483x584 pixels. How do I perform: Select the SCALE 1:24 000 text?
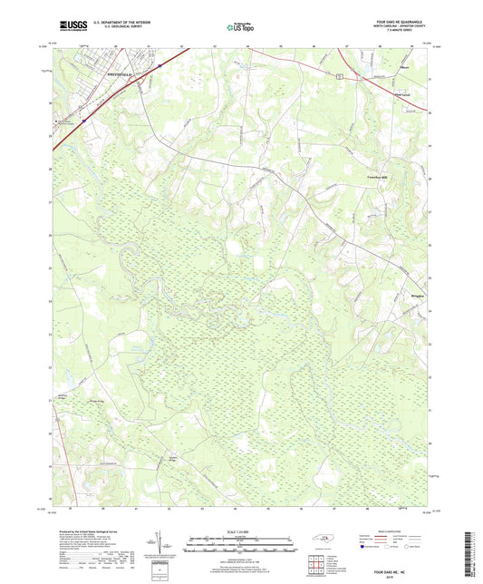(241, 532)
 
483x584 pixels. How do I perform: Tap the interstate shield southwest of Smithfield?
(82, 118)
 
